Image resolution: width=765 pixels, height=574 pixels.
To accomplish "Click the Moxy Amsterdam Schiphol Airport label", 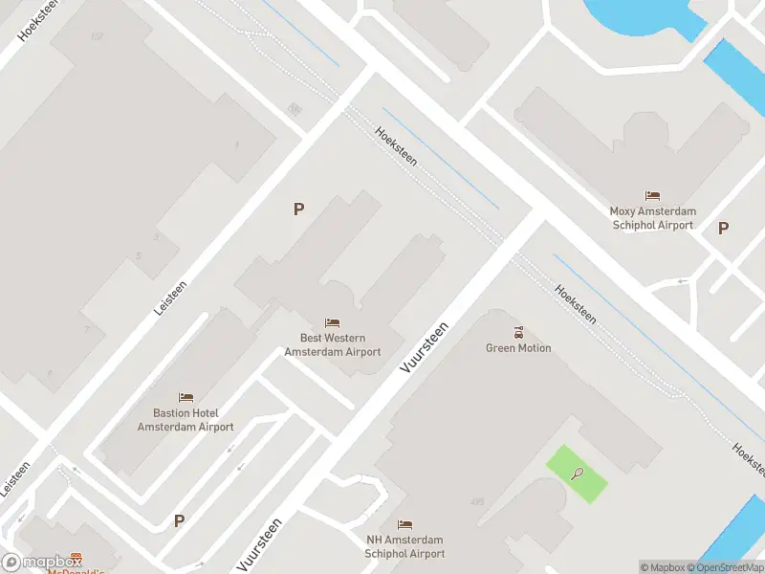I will coord(653,218).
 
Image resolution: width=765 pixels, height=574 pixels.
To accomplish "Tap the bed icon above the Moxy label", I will coord(653,196).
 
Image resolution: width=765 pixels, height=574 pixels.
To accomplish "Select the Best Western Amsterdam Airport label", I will coord(333,345).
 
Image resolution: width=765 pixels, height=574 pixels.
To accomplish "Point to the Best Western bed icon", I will coord(333,322).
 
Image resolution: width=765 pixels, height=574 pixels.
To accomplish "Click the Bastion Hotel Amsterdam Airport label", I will coord(186,420).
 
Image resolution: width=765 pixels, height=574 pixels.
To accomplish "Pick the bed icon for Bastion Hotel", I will coord(186,397).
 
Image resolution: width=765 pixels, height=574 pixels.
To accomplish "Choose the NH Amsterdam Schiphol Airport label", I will coord(405,547).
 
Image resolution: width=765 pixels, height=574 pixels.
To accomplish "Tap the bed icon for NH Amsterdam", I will coord(405,524).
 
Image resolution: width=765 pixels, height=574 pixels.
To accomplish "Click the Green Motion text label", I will coord(518,348).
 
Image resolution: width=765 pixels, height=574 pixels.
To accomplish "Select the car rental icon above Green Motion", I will coord(518,332).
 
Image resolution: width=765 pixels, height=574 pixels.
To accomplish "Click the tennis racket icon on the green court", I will coord(577,472).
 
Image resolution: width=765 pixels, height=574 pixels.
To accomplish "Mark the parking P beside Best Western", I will coord(298,209).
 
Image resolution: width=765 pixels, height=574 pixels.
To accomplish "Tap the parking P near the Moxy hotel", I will coord(723,228).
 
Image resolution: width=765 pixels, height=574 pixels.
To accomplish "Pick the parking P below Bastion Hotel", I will coord(178,520).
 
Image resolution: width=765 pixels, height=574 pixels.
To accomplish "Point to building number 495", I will coord(478,501).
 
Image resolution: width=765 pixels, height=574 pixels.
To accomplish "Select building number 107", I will coord(97,36).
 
